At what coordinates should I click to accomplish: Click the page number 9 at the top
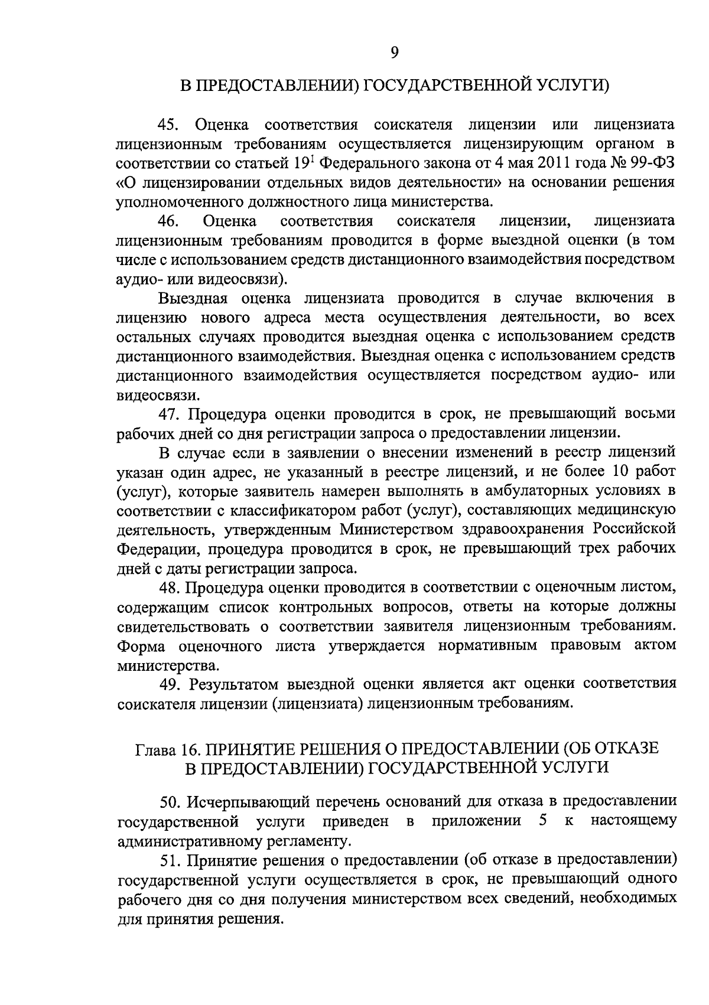395,53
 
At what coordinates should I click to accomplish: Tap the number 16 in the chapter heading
188,749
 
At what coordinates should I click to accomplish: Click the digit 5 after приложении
542,821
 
